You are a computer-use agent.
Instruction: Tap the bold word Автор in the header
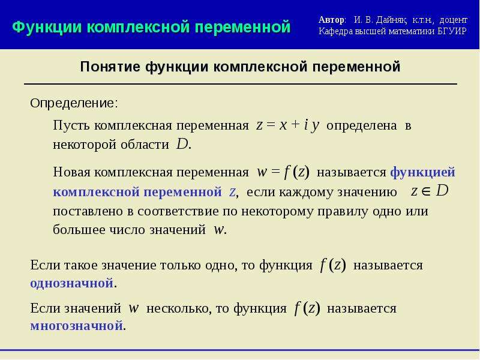click(331, 20)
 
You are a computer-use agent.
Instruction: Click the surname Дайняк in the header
click(391, 20)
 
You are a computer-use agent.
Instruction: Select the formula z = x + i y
click(288, 125)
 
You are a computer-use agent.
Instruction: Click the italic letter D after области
click(182, 144)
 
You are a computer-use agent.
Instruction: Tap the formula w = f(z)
click(283, 172)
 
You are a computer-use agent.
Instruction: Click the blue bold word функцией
click(423, 172)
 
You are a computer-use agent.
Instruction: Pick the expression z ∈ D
click(430, 191)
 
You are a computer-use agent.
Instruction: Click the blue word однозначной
click(72, 283)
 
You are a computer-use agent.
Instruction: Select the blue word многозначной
click(77, 325)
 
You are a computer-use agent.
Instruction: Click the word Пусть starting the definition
click(71, 125)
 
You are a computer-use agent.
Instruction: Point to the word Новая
click(71, 172)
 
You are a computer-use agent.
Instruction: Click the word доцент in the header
click(454, 20)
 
